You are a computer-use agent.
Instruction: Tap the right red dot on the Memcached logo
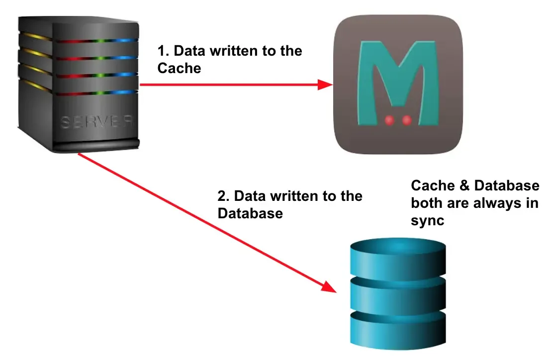click(407, 119)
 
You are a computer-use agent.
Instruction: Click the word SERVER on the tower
click(97, 122)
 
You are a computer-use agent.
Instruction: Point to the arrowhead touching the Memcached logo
click(325, 85)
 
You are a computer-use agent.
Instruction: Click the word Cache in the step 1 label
click(179, 68)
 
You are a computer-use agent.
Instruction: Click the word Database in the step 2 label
click(250, 213)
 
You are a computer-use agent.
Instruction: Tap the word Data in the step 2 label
click(249, 196)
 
